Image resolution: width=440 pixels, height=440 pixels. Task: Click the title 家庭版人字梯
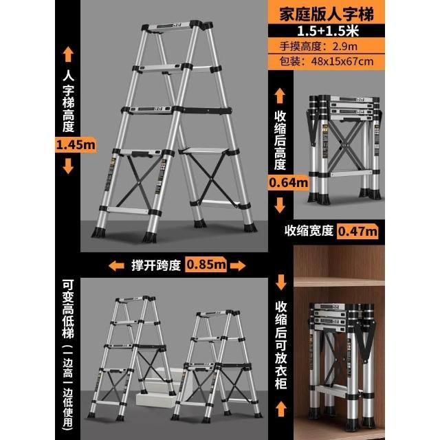[327, 14]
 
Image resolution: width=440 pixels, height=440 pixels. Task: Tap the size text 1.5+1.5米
[327, 31]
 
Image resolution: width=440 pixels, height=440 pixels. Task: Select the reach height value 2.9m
[344, 46]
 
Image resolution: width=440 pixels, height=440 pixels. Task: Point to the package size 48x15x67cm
[342, 61]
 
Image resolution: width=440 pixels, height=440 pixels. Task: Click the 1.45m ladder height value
[76, 145]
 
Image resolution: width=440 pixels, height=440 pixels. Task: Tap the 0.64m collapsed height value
[288, 183]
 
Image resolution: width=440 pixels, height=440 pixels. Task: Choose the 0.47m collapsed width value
[357, 232]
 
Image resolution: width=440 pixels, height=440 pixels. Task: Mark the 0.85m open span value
[206, 264]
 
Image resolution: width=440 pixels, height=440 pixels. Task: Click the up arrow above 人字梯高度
[68, 55]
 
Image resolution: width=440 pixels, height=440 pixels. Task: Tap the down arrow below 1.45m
[68, 166]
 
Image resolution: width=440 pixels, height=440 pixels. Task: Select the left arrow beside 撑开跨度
[116, 266]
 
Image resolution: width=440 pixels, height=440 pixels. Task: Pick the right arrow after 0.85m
[238, 266]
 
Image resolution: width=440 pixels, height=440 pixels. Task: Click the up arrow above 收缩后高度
[280, 96]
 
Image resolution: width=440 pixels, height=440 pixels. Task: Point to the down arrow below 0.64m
[280, 205]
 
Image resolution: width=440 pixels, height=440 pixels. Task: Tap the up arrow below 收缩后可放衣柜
[280, 409]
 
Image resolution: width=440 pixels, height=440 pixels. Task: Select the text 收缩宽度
[309, 231]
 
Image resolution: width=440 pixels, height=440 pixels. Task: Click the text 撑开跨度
[156, 265]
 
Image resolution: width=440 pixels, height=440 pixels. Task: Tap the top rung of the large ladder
[171, 27]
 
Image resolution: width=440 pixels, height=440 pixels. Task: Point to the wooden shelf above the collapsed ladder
[339, 282]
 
